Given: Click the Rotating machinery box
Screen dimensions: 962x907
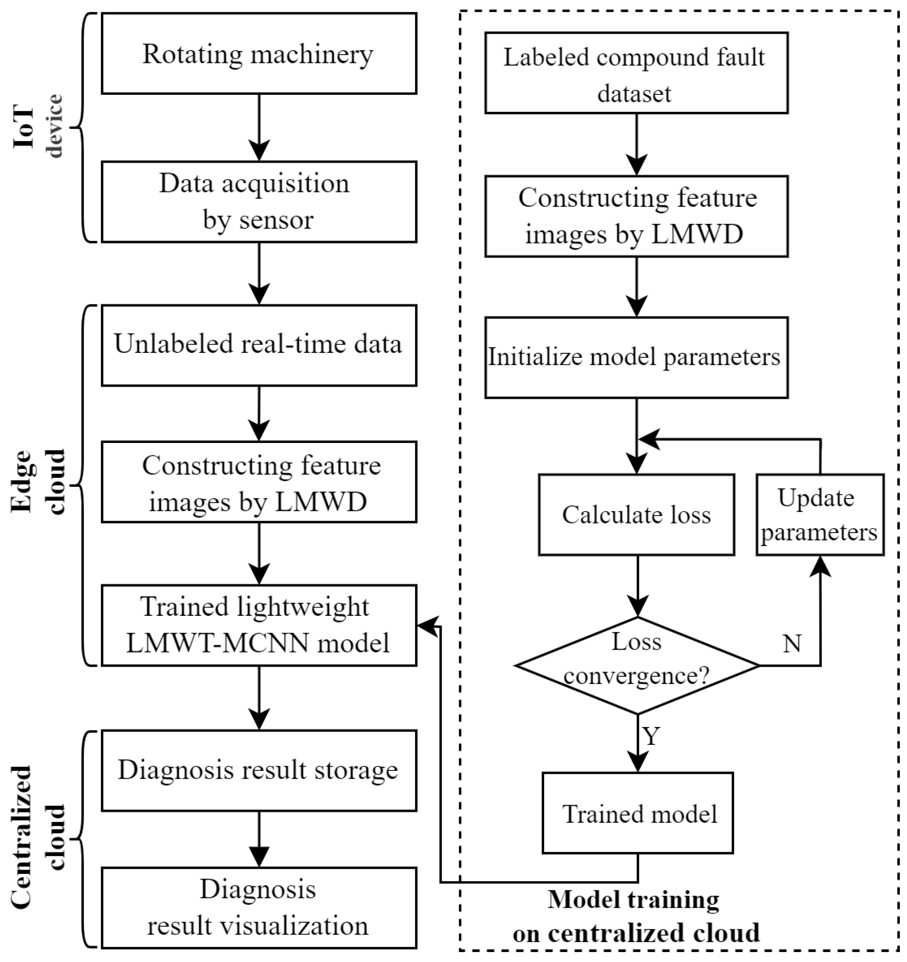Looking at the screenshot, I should click(259, 53).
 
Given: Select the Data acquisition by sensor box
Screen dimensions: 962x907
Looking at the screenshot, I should click(259, 202).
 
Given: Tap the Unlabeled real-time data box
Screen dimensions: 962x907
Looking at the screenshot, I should click(259, 345).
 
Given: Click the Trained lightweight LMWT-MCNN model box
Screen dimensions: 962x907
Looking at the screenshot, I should click(259, 625).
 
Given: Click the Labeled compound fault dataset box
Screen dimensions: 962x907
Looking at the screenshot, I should click(637, 73).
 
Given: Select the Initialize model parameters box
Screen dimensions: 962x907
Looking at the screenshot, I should click(637, 358).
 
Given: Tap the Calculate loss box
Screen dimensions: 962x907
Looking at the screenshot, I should click(637, 514).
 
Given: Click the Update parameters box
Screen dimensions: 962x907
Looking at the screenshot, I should click(820, 514).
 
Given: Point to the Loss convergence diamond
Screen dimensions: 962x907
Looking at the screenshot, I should click(637, 665).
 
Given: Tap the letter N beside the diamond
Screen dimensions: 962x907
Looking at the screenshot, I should click(792, 644).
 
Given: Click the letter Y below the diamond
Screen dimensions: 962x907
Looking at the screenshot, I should click(651, 736).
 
